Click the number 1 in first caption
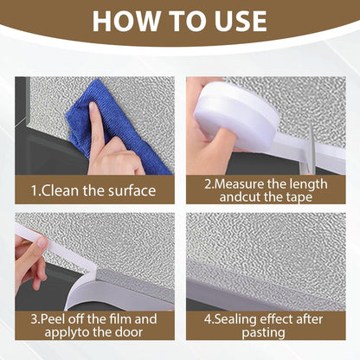[35, 189]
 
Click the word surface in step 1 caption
[131, 189]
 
